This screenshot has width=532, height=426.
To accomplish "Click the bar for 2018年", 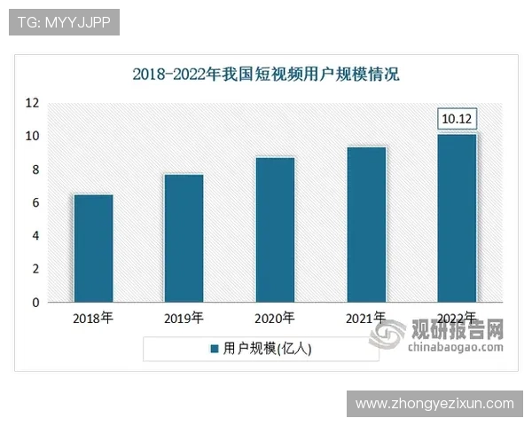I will (x=93, y=248).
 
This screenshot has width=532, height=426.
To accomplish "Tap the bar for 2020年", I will (x=275, y=230).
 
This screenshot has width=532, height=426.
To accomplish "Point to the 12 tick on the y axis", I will (x=33, y=103).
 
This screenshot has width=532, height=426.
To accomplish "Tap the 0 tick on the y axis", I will (x=35, y=303).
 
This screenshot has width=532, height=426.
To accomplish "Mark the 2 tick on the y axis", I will (x=35, y=270).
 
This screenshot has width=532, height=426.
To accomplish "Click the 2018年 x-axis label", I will (x=93, y=318).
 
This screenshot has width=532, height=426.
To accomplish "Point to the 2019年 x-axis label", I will (x=184, y=318).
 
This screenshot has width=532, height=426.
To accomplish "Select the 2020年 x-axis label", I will (x=275, y=318).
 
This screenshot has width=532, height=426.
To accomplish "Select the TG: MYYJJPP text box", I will (x=64, y=22).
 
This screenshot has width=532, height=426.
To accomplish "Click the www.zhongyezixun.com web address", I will (x=434, y=404).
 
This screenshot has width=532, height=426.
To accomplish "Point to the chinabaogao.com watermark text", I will (x=456, y=347).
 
